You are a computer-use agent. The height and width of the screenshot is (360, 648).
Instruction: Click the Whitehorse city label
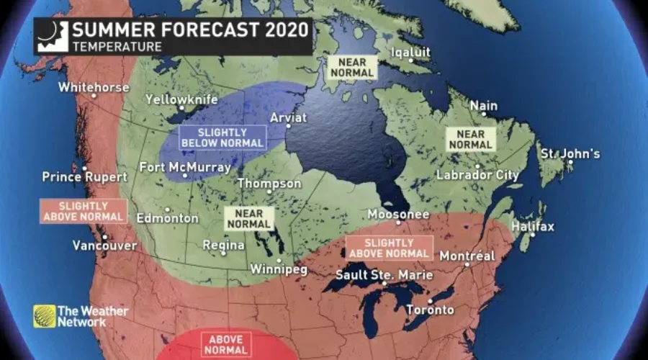click(94, 87)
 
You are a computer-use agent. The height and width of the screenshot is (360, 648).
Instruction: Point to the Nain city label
click(483, 106)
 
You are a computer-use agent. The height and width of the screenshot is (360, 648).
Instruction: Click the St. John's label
click(570, 154)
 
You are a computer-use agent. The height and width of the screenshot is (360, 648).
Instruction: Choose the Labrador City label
click(477, 175)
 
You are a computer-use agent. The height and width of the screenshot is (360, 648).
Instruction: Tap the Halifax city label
click(533, 227)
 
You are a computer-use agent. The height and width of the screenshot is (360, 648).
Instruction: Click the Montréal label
click(467, 256)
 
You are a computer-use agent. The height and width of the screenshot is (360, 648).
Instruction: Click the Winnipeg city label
click(278, 269)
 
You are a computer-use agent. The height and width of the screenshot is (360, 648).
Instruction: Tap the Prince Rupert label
click(84, 176)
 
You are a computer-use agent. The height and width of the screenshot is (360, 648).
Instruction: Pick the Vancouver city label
click(104, 246)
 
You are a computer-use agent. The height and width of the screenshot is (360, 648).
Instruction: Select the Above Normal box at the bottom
click(215, 343)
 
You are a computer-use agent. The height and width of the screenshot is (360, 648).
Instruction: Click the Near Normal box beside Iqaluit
click(351, 67)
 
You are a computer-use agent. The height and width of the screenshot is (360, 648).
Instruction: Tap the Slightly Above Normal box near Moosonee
click(390, 248)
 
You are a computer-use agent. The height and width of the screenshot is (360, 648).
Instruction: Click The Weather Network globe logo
click(44, 316)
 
